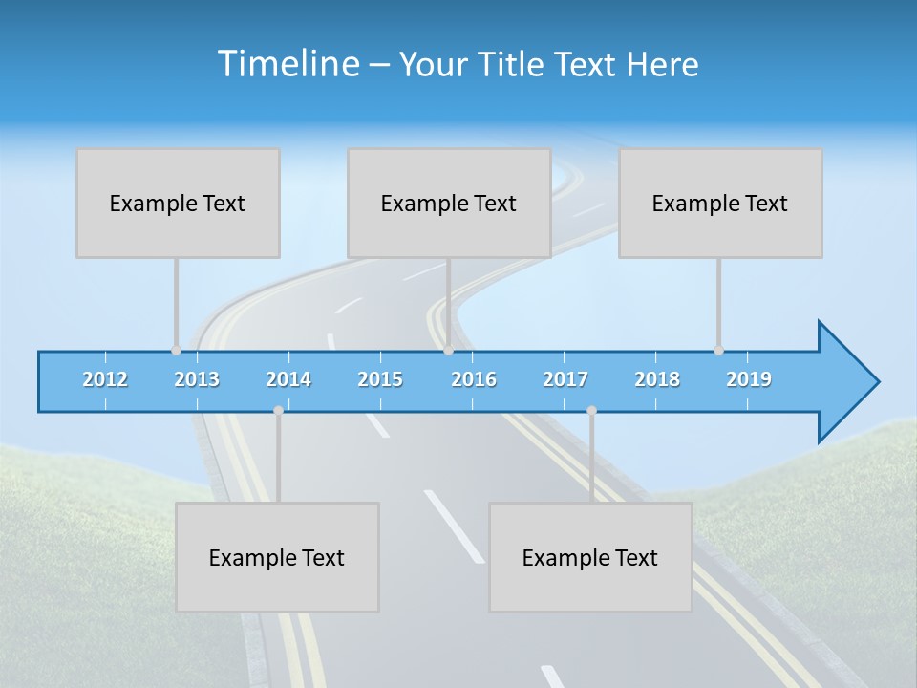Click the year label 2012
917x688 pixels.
tap(105, 379)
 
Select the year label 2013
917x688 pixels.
tap(197, 379)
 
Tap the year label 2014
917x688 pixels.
tap(288, 379)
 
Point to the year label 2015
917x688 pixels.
tap(380, 379)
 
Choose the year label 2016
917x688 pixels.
tap(474, 379)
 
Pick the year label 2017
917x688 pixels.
tap(565, 379)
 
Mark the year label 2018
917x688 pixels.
tap(657, 379)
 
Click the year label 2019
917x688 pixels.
tap(749, 379)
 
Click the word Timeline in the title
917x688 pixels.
tap(287, 64)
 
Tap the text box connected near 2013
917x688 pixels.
tap(178, 203)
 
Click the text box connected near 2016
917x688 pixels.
tap(449, 203)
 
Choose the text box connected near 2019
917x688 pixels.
tap(720, 203)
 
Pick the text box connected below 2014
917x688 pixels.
tap(277, 557)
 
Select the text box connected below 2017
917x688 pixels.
tap(590, 557)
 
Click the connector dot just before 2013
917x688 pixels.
tap(176, 351)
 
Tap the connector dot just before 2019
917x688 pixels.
tap(718, 351)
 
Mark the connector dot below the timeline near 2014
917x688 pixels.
tap(278, 411)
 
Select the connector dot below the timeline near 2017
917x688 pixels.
tap(591, 411)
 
